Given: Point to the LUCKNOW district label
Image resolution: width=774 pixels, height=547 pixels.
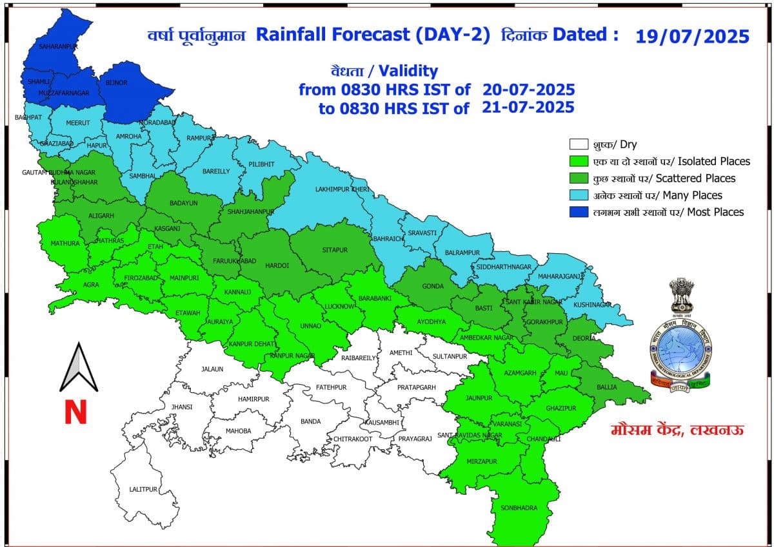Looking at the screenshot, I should tap(340, 306).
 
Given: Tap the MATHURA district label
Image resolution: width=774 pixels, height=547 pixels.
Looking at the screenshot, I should tap(65, 244).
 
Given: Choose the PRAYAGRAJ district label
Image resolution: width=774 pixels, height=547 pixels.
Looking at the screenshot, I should tap(414, 439).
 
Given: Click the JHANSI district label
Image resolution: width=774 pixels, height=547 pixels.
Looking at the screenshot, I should tap(182, 407).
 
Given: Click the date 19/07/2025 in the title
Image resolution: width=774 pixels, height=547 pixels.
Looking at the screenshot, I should tap(692, 35).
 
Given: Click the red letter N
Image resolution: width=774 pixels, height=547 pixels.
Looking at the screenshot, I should tap(75, 412).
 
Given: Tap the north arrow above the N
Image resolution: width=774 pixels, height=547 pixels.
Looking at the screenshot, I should tap(78, 368).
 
